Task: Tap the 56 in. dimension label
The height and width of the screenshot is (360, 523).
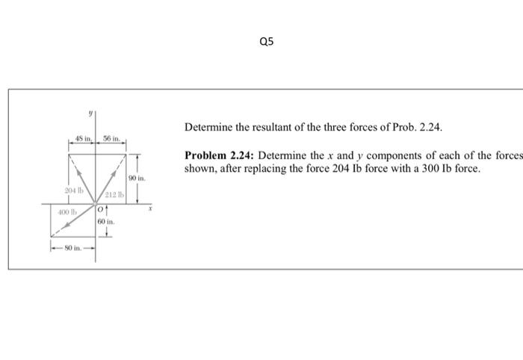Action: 111,140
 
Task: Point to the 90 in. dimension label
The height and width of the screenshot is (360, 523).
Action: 137,179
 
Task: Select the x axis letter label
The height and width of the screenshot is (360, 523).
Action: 150,211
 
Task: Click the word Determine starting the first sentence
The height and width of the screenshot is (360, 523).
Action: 207,128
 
